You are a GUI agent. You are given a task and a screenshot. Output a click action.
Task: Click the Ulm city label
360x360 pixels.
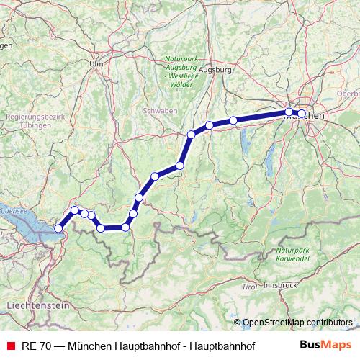point(96,63)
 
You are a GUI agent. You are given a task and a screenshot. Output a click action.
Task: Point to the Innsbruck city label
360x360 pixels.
point(280,285)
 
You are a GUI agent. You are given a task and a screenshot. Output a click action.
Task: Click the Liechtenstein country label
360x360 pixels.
point(37,306)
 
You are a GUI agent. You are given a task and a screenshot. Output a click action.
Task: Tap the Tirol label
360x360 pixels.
point(249,287)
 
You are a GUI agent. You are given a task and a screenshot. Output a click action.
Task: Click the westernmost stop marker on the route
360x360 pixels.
point(58,229)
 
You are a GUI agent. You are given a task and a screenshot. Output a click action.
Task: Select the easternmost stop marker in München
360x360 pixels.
point(302,114)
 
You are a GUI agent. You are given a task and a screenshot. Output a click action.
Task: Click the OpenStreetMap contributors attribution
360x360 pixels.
point(298,323)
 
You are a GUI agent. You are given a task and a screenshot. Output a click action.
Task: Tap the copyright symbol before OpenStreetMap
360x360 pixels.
point(238,323)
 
